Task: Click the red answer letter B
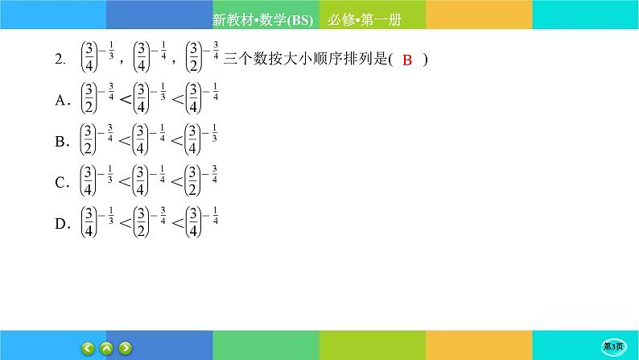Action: point(406,61)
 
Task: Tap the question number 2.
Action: point(58,58)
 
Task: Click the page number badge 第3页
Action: point(615,346)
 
